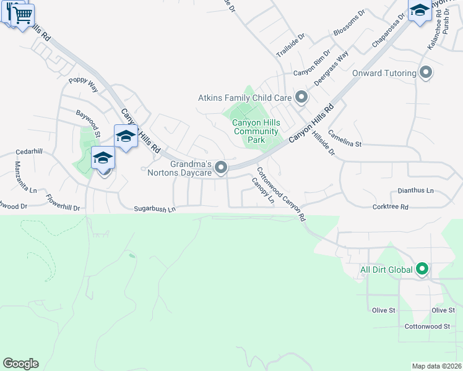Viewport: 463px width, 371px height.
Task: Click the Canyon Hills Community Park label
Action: pos(256,131)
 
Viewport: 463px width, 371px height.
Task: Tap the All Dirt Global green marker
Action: pos(422,269)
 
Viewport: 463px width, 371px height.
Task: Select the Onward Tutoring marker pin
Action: pos(425,73)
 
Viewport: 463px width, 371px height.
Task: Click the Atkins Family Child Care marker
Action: pos(301,98)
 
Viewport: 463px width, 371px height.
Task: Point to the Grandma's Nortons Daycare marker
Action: pos(221,168)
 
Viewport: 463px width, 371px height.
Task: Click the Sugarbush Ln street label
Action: pos(155,210)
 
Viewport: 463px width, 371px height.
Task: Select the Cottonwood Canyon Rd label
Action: pos(281,195)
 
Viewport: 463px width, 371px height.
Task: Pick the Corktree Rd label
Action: pos(391,207)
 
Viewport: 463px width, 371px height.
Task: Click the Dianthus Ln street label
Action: pos(415,190)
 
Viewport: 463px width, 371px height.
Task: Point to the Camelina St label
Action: pos(345,138)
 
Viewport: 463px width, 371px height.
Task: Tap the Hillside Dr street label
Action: pos(323,143)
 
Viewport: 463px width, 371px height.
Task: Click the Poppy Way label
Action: pos(84,84)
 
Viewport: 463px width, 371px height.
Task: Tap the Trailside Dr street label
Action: pos(291,45)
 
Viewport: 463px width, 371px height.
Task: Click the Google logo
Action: pos(20,364)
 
